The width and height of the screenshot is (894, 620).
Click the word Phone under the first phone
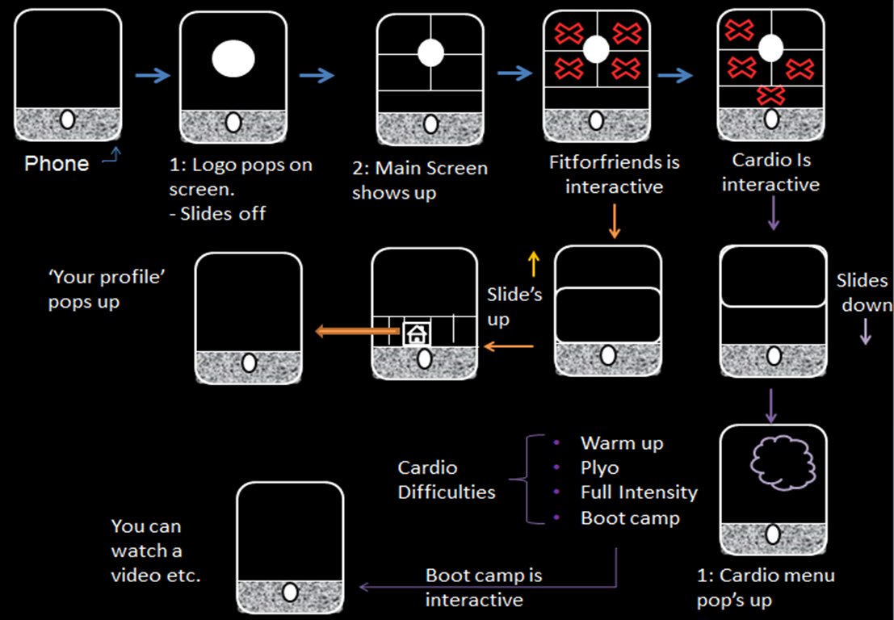57,164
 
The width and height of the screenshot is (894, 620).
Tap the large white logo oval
233,60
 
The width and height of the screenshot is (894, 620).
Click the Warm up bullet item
621,443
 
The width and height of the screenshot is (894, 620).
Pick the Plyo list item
599,467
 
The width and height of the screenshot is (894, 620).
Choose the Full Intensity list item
638,492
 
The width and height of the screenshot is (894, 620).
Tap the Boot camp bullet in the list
629,517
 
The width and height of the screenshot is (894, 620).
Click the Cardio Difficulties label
447,480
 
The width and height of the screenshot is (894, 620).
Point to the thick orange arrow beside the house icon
357,330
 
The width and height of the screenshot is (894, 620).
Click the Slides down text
863,293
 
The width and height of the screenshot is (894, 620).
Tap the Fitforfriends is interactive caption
614,174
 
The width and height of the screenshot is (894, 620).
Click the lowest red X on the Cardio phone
771,95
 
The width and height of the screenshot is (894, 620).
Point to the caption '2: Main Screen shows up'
419,181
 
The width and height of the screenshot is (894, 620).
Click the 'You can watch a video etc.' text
157,551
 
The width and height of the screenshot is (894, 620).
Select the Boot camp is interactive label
484,588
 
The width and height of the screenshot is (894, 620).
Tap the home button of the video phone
290,593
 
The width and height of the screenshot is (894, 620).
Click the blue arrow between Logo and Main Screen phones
317,75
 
